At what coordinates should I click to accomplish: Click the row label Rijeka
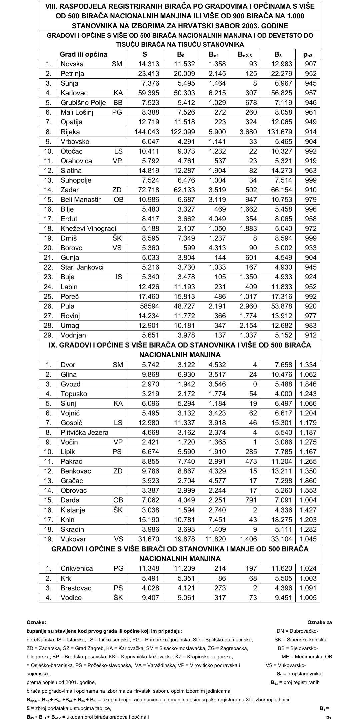click(x=70, y=132)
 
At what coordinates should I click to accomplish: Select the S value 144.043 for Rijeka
click(x=147, y=132)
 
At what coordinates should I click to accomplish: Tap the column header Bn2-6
click(x=247, y=55)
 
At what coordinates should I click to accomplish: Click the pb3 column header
click(x=308, y=55)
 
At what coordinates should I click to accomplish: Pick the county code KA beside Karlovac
click(x=118, y=93)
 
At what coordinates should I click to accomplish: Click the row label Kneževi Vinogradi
click(x=88, y=229)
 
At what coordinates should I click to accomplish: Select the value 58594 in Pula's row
click(x=149, y=306)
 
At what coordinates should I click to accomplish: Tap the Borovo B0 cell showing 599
click(x=189, y=248)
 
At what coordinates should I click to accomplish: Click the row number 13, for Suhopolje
click(x=49, y=180)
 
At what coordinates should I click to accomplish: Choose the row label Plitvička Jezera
click(x=84, y=432)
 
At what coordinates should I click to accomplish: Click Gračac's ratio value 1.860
click(x=308, y=481)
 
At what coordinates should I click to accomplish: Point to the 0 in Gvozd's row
click(x=255, y=384)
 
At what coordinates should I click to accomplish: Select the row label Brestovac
click(x=76, y=588)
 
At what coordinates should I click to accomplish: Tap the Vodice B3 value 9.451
click(x=283, y=598)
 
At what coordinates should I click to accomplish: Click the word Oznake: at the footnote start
click(x=36, y=622)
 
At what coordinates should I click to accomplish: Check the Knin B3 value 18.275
click(x=281, y=520)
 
